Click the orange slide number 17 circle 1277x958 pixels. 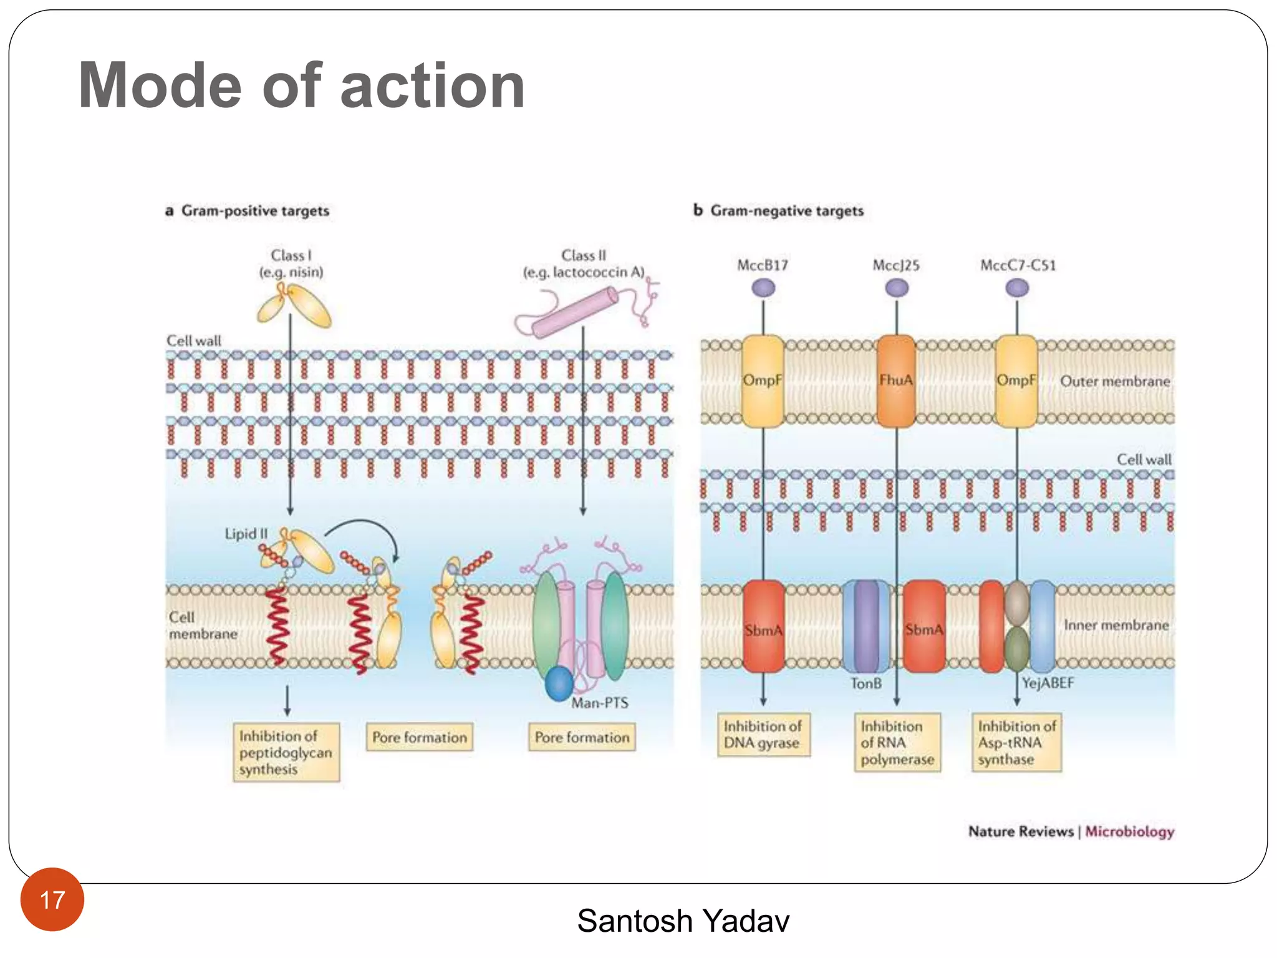point(52,899)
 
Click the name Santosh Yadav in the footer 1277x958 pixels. point(683,921)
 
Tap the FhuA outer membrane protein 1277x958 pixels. point(896,380)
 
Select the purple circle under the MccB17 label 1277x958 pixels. point(763,288)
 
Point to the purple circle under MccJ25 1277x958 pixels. point(897,288)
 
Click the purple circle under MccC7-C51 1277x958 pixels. point(1017,288)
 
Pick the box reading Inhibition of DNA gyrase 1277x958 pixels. point(763,735)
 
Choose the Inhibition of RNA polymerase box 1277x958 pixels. point(897,742)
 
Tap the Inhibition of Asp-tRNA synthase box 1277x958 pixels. point(1016,742)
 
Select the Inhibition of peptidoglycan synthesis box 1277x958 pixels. point(286,752)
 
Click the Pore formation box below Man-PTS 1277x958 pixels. point(582,737)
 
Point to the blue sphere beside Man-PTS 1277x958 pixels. point(559,684)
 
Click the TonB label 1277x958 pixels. point(866,684)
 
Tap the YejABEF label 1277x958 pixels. point(1048,683)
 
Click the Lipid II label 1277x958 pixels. point(246,534)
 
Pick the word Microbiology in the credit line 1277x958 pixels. point(1129,831)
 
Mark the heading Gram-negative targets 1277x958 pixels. point(787,211)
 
